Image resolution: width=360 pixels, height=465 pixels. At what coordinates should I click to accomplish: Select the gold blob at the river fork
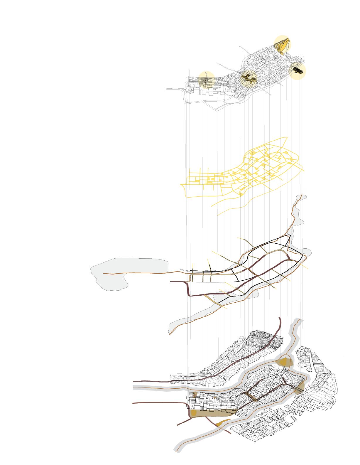284,362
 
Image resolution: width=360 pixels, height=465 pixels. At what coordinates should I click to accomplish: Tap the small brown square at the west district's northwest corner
195,395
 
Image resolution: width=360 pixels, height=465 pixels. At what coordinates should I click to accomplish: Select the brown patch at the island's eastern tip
299,389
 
